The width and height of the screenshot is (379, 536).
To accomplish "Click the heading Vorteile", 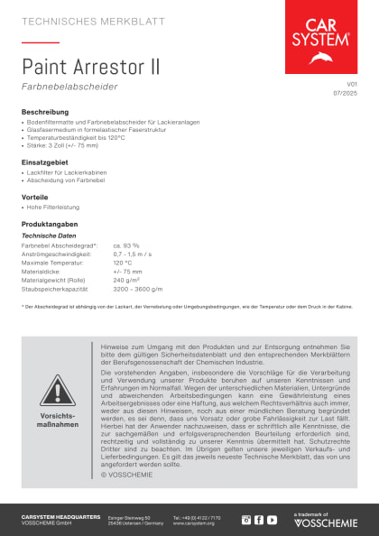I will (35, 196).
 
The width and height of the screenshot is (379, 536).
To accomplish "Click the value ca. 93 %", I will (126, 245).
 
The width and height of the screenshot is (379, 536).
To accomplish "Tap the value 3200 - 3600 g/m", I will (138, 289).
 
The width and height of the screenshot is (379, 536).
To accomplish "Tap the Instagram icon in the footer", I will (246, 520).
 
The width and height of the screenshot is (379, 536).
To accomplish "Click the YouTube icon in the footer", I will (272, 520).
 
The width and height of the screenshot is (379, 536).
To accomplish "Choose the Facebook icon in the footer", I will (259, 520).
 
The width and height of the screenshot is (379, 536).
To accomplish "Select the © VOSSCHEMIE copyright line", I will (130, 474).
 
